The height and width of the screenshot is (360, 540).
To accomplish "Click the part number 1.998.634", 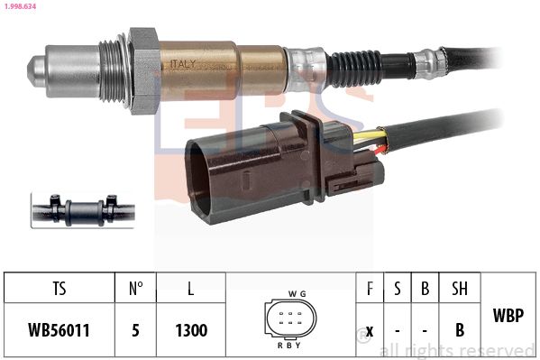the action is coord(20,5).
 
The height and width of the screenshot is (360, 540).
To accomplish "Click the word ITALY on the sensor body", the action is coord(183,64).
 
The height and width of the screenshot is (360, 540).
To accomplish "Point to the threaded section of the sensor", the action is coord(111,71).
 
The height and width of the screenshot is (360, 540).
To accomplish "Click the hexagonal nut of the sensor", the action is coord(143,70).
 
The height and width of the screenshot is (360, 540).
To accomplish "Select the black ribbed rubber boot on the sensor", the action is coord(354,68).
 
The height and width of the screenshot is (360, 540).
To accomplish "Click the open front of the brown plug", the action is coord(199,180).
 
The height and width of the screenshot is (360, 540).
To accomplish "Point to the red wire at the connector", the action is coord(379,150).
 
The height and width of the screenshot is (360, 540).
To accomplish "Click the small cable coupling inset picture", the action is coord(83,211).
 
